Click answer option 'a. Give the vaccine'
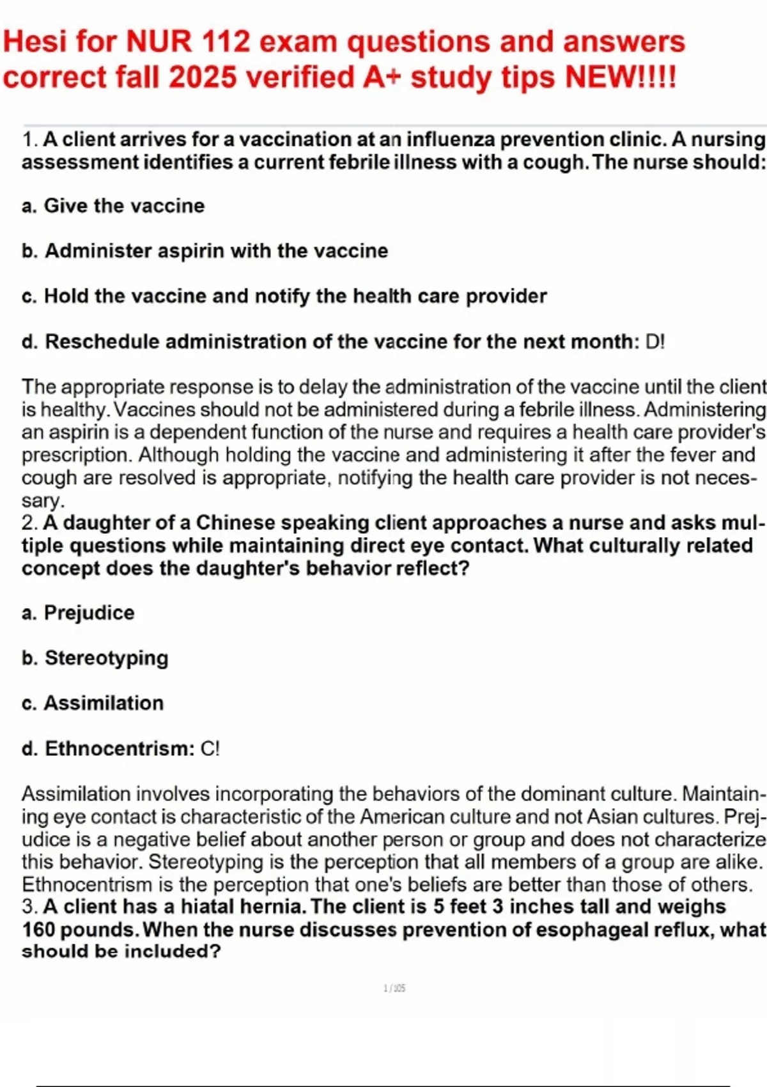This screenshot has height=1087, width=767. pyautogui.click(x=113, y=206)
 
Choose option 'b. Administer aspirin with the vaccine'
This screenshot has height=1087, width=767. pyautogui.click(x=205, y=251)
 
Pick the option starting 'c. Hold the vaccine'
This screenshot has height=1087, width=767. pyautogui.click(x=284, y=296)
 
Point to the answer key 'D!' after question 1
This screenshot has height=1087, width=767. pyautogui.click(x=655, y=342)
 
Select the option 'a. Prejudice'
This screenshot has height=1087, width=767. pyautogui.click(x=78, y=613)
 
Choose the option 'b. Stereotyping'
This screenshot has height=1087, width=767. pyautogui.click(x=95, y=658)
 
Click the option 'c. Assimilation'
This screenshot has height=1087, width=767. pyautogui.click(x=93, y=703)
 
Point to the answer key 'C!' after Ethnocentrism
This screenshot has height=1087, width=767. pyautogui.click(x=210, y=749)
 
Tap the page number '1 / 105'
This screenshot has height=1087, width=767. pyautogui.click(x=394, y=989)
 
